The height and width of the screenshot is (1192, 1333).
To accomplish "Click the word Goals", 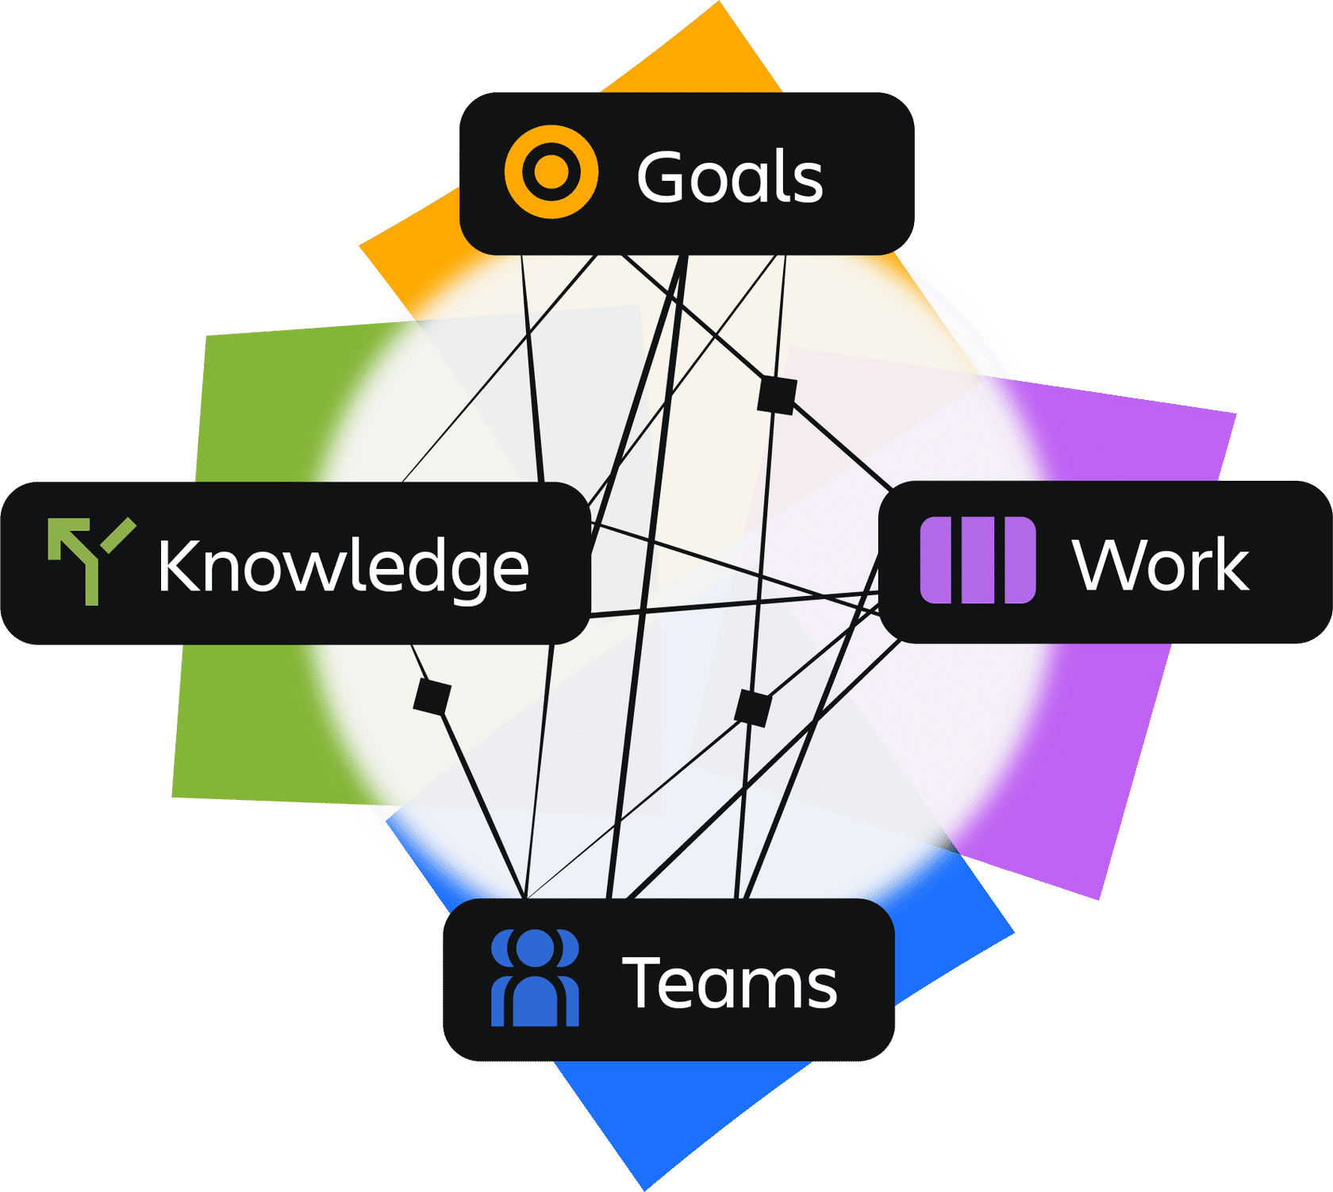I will coord(730,176).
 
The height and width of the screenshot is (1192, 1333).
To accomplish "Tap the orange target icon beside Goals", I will coord(551,171).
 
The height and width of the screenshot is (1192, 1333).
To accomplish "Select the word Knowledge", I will coord(343,567).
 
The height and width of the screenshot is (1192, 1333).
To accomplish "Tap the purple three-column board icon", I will coord(978,559).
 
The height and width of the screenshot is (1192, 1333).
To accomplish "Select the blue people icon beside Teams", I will coord(536,978).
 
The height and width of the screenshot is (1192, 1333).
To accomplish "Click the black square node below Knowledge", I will coord(432,697).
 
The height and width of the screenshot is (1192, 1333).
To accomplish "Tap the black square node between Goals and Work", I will coord(777,394).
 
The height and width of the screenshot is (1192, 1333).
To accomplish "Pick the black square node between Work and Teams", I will coord(753,708).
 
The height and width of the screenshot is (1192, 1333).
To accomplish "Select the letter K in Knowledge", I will coord(178,565).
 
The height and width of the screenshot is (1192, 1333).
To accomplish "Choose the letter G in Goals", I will coord(663,176).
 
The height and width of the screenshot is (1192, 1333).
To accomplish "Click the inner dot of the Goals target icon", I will coord(551,171).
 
